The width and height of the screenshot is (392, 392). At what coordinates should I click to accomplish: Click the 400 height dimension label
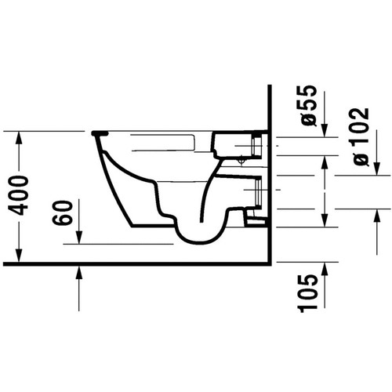pyautogui.click(x=24, y=196)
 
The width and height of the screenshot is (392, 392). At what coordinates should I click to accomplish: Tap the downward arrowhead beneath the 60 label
pyautogui.click(x=79, y=238)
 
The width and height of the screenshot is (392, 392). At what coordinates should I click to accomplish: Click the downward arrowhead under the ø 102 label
pyautogui.click(x=375, y=166)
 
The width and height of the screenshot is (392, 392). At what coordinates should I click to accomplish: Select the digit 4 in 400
pyautogui.click(x=24, y=210)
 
